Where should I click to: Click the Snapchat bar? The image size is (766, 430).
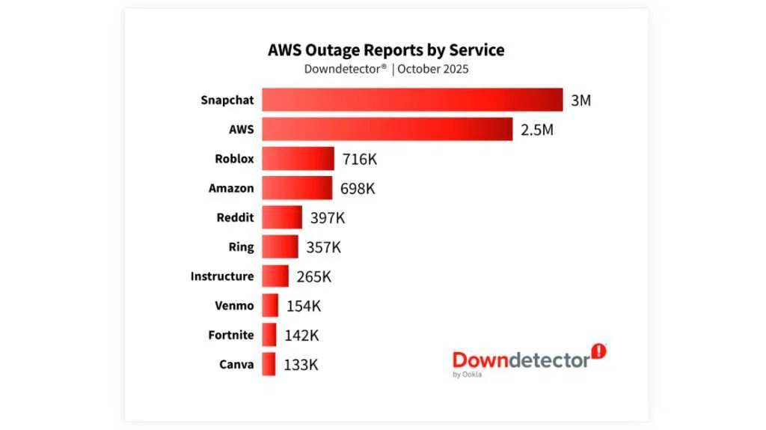411,100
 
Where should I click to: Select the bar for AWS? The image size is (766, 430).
387,129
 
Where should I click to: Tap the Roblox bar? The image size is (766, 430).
298,159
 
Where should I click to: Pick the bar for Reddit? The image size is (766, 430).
282,217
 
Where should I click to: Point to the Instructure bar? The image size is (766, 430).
275,276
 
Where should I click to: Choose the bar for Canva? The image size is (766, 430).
269,365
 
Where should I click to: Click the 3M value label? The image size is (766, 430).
580,100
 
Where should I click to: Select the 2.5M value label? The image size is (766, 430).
536,130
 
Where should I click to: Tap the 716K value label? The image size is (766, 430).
359,159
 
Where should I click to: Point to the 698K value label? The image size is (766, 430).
358,189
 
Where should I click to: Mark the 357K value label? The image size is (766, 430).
323,247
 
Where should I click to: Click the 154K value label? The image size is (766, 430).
304,306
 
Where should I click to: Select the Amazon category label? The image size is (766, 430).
231,189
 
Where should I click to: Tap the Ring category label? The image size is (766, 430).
241,247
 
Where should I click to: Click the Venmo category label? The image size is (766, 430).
234,306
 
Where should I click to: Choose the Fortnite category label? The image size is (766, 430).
231,336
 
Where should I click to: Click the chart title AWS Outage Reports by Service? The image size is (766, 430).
386,50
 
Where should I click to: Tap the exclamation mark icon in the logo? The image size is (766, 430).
598,351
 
